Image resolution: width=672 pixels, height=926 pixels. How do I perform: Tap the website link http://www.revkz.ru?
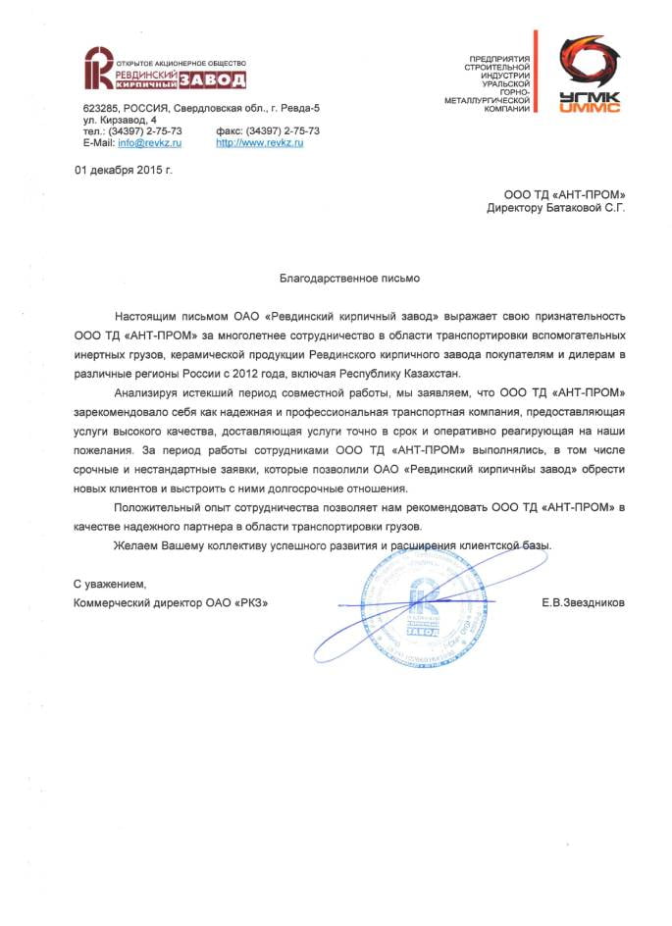coord(259,143)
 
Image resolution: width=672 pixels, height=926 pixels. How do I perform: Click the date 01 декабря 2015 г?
coord(124,171)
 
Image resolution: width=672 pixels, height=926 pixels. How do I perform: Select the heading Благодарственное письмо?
coord(336,279)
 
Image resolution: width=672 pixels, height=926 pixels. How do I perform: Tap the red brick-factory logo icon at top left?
coord(97,67)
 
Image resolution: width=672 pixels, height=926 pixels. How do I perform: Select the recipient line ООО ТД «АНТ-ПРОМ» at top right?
coord(563,194)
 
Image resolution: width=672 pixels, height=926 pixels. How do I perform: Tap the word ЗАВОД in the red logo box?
coord(219,79)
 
